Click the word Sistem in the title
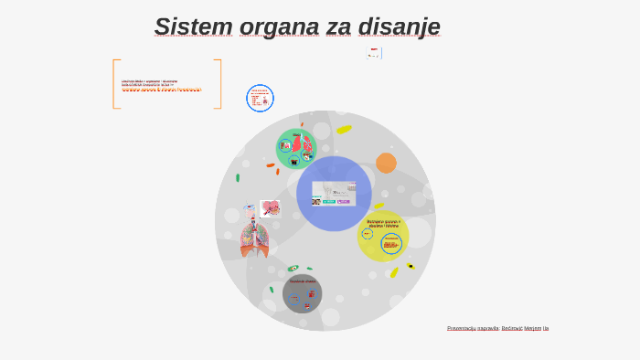[x=194, y=26]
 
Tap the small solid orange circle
[x=386, y=163]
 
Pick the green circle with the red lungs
[x=296, y=148]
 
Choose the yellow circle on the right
[x=382, y=237]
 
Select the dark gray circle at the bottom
[x=302, y=293]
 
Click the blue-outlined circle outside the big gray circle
[x=260, y=98]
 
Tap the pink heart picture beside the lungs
[x=270, y=208]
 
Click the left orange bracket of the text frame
[x=115, y=84]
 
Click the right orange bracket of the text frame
[x=219, y=84]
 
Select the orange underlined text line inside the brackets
[x=162, y=90]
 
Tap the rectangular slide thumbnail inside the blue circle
[x=334, y=193]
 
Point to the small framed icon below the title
[x=374, y=53]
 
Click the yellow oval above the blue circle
[x=344, y=129]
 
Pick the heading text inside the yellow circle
[x=383, y=222]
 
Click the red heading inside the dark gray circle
[x=302, y=281]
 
